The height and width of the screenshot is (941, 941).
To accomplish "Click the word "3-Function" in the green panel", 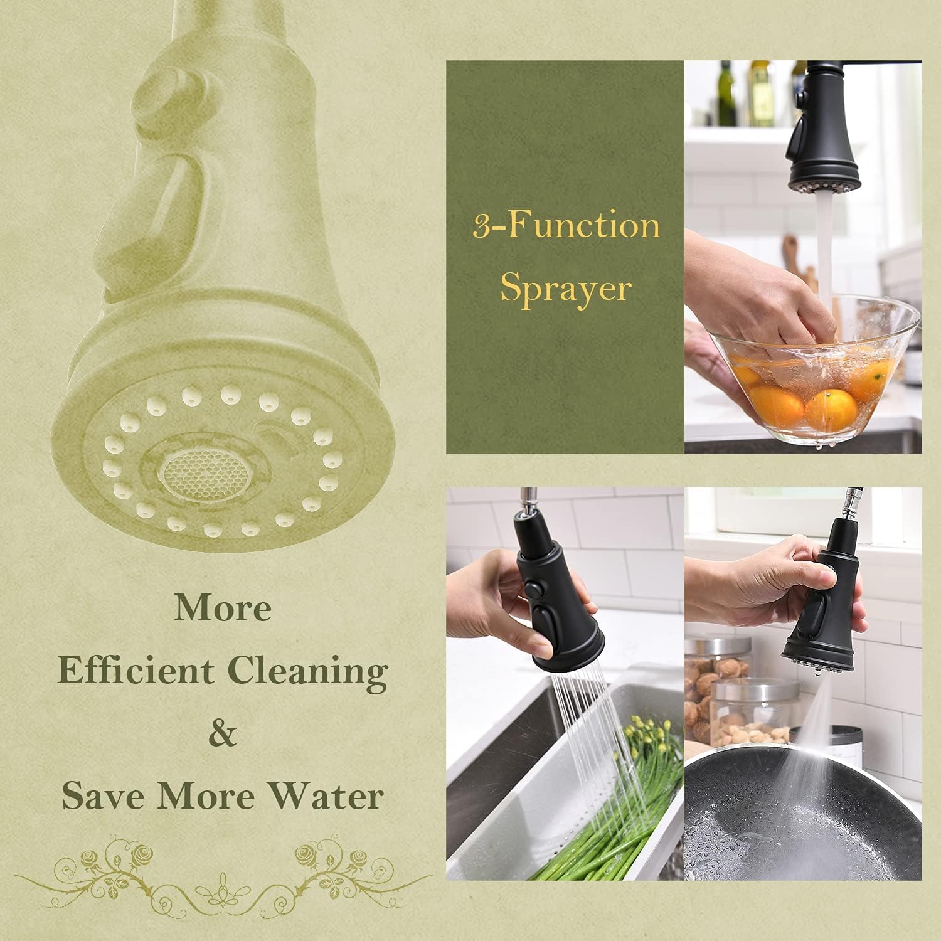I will coord(566,226).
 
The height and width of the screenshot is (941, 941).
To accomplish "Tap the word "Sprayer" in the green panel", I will coord(565,289).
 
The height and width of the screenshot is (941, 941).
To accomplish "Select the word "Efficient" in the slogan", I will coord(136,671).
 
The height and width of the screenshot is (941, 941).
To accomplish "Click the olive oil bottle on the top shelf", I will coord(726,94).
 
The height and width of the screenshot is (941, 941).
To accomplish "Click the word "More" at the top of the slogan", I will coord(223,608).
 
